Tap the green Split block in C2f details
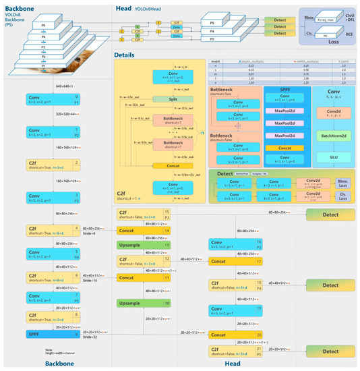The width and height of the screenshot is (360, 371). [174, 98]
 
